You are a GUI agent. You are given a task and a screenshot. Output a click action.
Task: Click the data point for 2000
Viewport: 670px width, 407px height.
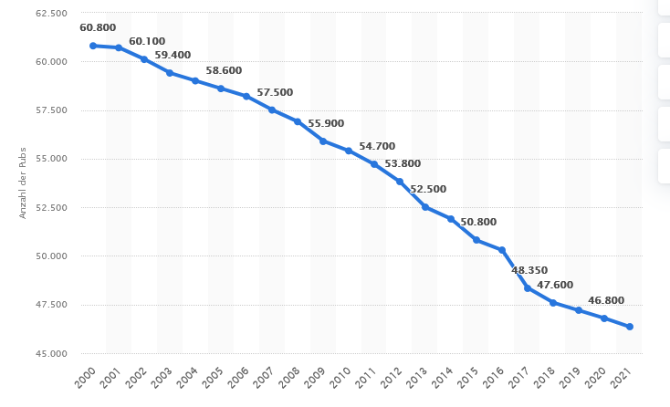point(93,46)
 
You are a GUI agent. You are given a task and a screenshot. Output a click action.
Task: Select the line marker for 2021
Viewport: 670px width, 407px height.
point(630,327)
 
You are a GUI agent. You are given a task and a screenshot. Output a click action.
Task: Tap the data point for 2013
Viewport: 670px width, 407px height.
point(425,207)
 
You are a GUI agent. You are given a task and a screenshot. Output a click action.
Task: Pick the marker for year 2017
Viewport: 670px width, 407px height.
point(528,288)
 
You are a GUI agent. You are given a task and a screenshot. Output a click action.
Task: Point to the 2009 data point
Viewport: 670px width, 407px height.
point(323,141)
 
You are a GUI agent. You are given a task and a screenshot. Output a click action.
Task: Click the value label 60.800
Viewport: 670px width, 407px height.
point(98,28)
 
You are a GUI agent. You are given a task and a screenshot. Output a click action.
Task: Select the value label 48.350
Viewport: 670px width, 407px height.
point(530,271)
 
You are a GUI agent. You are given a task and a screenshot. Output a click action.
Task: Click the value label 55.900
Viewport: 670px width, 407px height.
point(326,124)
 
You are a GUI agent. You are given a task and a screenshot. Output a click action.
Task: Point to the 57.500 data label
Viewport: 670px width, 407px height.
point(275,92)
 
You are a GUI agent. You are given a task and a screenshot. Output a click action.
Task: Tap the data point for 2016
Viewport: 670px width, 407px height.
point(502,250)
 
